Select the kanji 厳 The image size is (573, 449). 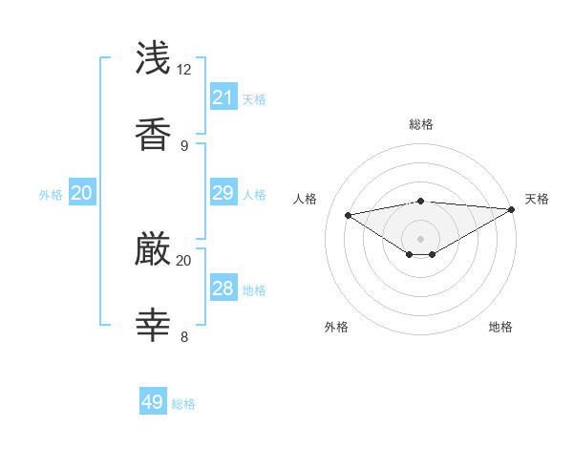tap(154, 249)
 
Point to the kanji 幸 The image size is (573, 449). tap(154, 325)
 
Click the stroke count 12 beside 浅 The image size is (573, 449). tap(185, 70)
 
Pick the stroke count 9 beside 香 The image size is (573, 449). tap(184, 145)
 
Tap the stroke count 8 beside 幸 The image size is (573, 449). tap(184, 336)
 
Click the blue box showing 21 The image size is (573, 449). tap(223, 97)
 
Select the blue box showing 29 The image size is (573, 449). tap(223, 193)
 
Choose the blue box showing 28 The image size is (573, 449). tap(223, 289)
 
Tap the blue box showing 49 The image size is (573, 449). tap(153, 402)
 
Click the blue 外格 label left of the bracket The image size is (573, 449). tap(51, 194)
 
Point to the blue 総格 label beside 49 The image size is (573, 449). tap(183, 404)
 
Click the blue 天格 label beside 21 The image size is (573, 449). tap(254, 99)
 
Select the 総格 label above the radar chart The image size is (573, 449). tap(421, 124)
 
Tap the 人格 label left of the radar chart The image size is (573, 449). tap(306, 199)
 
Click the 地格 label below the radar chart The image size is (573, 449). tap(500, 327)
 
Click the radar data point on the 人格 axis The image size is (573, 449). tap(349, 215)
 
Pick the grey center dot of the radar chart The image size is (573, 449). tap(421, 238)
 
